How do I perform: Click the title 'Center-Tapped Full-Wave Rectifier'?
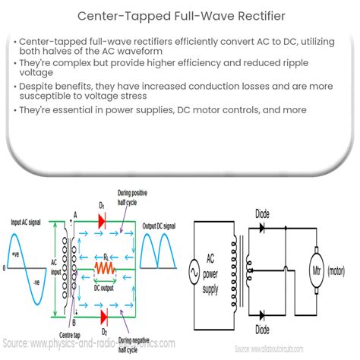[179, 14]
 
